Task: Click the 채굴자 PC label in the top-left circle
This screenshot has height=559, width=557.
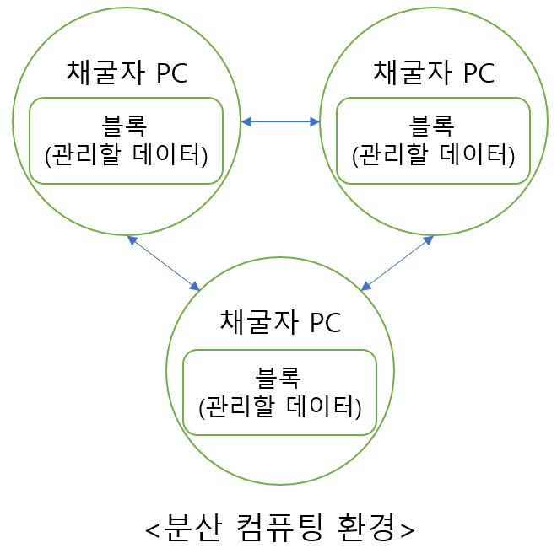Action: pyautogui.click(x=127, y=73)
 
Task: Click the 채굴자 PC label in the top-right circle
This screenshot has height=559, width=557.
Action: pyautogui.click(x=434, y=73)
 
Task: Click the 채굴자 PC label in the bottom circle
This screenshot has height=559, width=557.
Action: pyautogui.click(x=280, y=322)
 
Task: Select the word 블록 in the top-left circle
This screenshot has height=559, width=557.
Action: pyautogui.click(x=125, y=126)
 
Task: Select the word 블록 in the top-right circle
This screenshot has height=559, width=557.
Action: pyautogui.click(x=432, y=126)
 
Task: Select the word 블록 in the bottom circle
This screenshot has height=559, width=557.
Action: pyautogui.click(x=278, y=378)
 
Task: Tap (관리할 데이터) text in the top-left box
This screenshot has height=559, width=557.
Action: pyautogui.click(x=127, y=155)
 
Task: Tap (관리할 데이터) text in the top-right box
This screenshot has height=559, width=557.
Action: pyautogui.click(x=434, y=155)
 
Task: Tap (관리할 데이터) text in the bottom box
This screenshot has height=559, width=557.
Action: pyautogui.click(x=280, y=407)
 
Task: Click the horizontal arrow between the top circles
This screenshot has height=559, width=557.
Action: pyautogui.click(x=280, y=122)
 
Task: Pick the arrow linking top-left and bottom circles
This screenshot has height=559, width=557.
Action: pyautogui.click(x=163, y=262)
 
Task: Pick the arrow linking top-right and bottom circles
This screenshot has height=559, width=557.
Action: pyautogui.click(x=397, y=263)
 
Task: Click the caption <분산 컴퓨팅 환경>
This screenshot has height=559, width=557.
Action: pyautogui.click(x=280, y=528)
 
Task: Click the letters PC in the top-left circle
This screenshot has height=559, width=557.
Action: pyautogui.click(x=171, y=73)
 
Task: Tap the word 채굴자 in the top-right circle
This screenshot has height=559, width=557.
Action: pyautogui.click(x=402, y=73)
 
